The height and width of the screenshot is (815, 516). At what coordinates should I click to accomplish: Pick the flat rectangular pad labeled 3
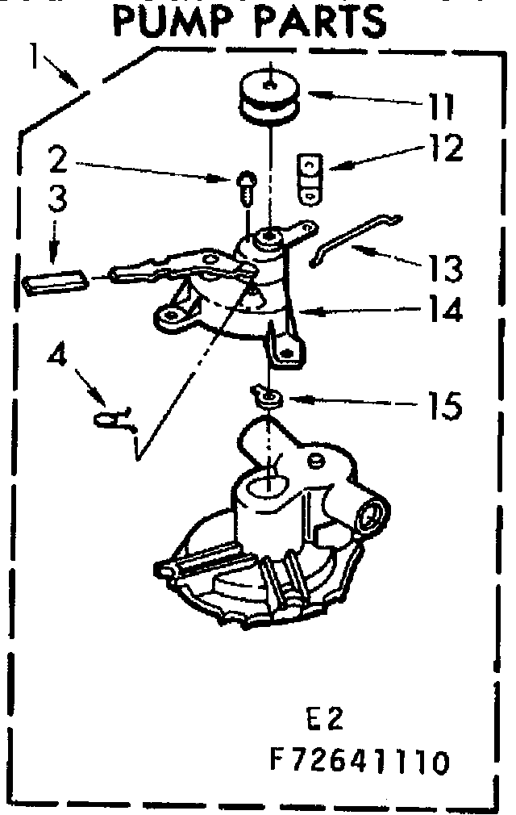coord(55,283)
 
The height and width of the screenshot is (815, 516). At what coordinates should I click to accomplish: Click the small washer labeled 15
coord(265,395)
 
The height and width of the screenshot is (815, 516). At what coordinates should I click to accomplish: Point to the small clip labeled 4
coord(113,418)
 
